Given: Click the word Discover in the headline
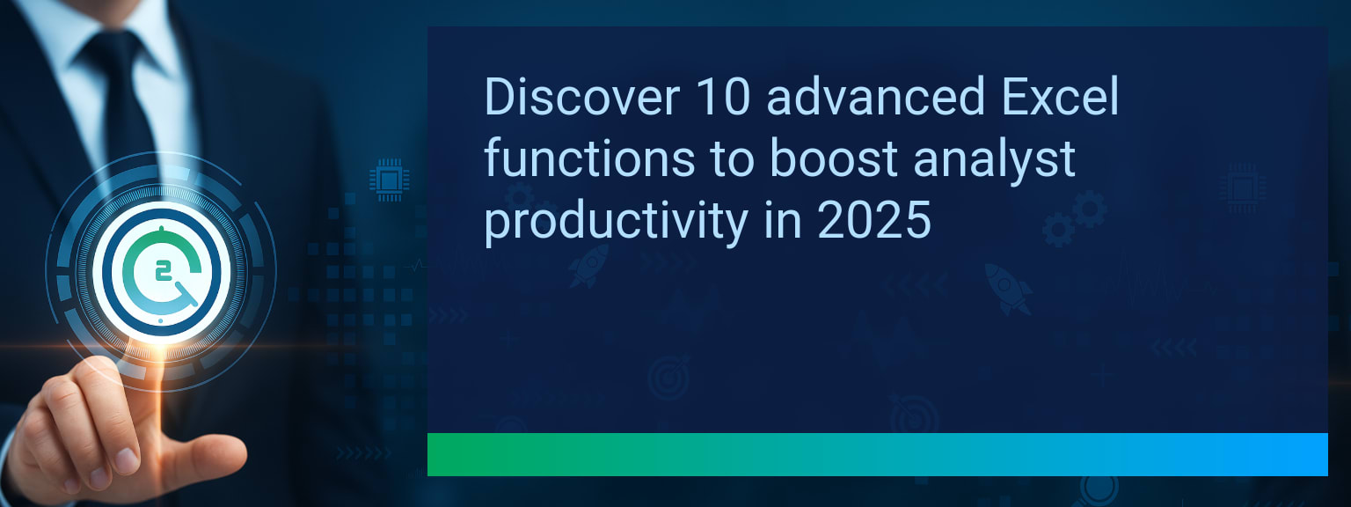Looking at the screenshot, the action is pos(582,97).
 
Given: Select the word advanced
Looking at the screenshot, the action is pos(876,97).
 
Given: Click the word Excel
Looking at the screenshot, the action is pos(1061,97).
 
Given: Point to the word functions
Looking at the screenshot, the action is pos(589,158).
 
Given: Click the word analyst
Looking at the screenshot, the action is pos(994,160).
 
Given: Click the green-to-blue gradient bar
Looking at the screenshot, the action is pos(878,454).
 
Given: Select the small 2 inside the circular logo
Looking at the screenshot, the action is pos(162,272).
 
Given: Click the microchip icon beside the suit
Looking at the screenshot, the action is pos(389,180).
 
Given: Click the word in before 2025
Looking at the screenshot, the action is pos(782,220).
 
